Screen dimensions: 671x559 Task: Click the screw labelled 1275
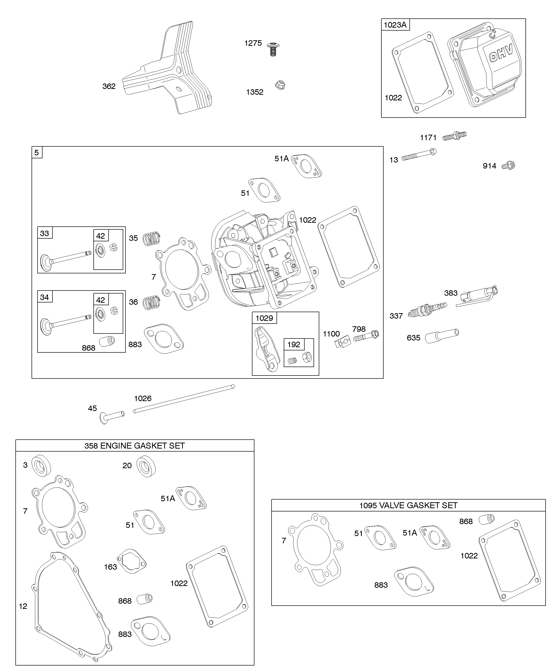click(273, 48)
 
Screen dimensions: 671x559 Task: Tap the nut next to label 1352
click(280, 85)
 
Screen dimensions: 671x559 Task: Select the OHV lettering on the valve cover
click(501, 53)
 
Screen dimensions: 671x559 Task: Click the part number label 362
click(109, 86)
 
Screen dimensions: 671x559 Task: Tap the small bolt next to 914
click(508, 166)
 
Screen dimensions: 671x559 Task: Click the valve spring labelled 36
click(151, 302)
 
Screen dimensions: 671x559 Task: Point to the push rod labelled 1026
click(184, 399)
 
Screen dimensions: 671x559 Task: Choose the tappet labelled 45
click(112, 416)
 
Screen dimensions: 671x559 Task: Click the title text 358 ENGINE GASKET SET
click(134, 446)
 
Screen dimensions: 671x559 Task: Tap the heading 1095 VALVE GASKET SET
click(408, 505)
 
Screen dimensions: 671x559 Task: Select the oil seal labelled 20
click(146, 466)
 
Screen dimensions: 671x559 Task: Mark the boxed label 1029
click(264, 318)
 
